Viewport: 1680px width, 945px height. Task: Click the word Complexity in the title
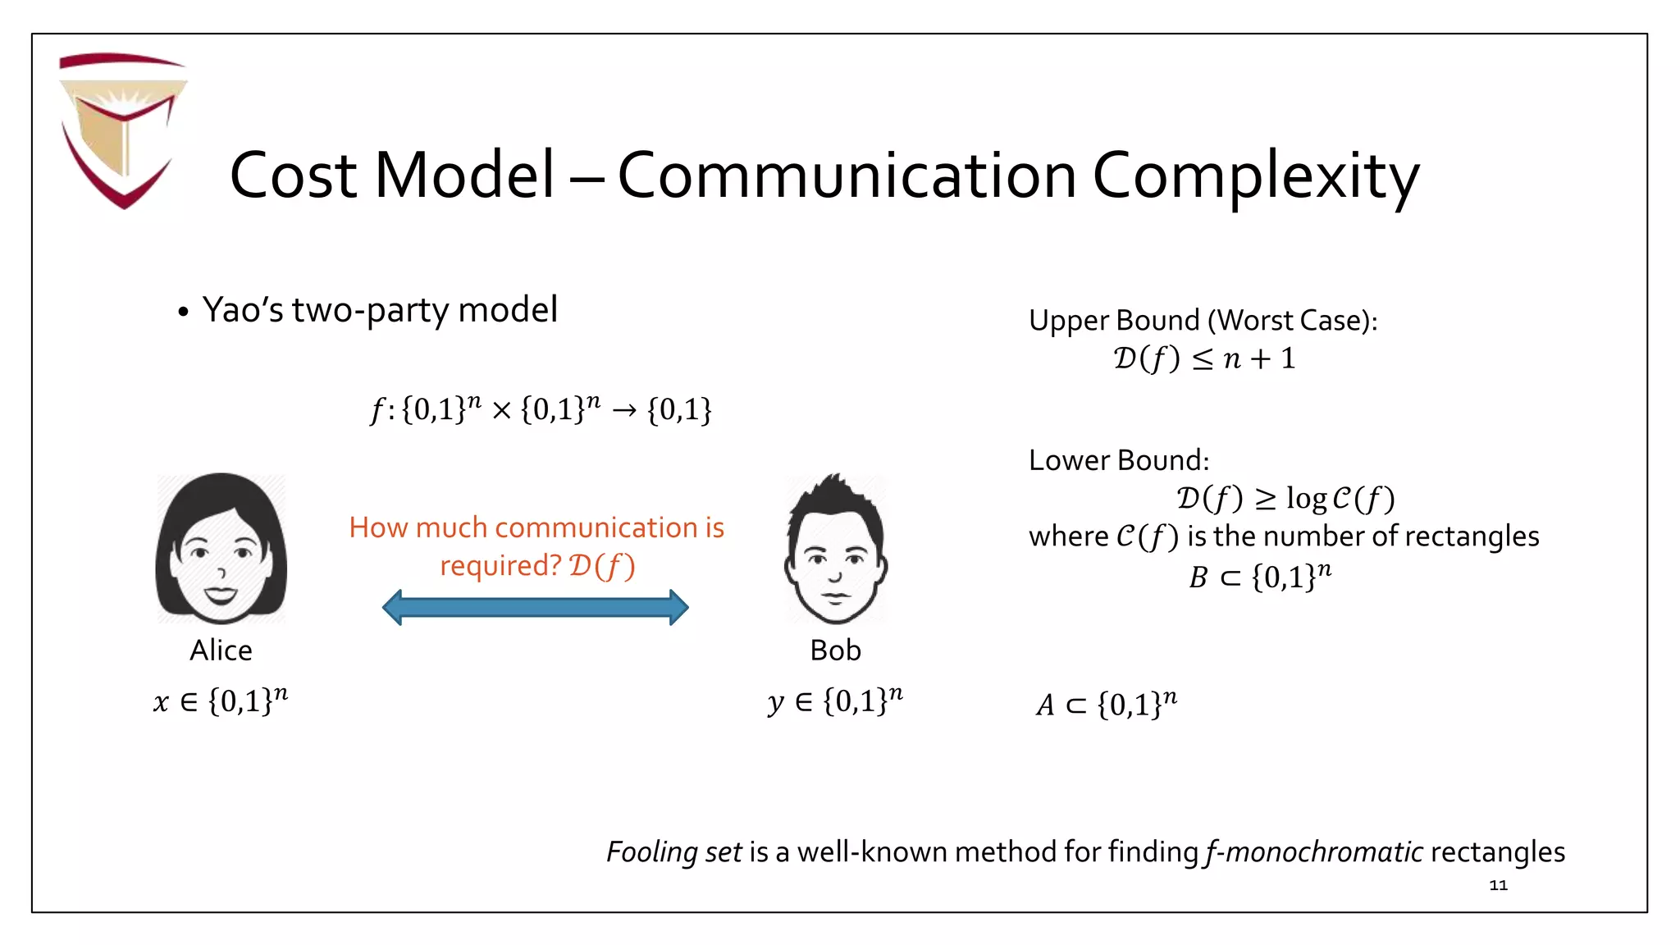1255,176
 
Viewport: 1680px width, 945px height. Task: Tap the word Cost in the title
293,176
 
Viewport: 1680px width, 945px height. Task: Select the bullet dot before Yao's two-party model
183,313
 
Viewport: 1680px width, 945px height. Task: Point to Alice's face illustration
221,548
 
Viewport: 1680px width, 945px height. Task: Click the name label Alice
221,651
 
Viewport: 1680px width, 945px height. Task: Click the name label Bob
835,651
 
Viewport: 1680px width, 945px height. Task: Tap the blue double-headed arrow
535,608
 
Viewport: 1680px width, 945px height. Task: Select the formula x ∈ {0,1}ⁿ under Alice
221,701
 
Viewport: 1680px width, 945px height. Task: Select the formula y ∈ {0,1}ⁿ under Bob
835,701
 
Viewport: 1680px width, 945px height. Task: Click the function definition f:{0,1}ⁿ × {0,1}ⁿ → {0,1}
541,409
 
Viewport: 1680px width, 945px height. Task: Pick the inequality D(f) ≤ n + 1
1203,358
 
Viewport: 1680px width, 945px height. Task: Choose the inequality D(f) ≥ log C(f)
1285,498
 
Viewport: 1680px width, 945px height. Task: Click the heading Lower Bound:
1119,460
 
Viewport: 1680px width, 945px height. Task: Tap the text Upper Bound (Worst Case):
1203,320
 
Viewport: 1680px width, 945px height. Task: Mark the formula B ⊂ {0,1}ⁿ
1260,577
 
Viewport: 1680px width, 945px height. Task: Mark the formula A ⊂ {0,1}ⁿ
1106,704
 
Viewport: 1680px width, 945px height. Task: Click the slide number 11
1498,885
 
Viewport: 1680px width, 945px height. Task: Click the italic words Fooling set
673,852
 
